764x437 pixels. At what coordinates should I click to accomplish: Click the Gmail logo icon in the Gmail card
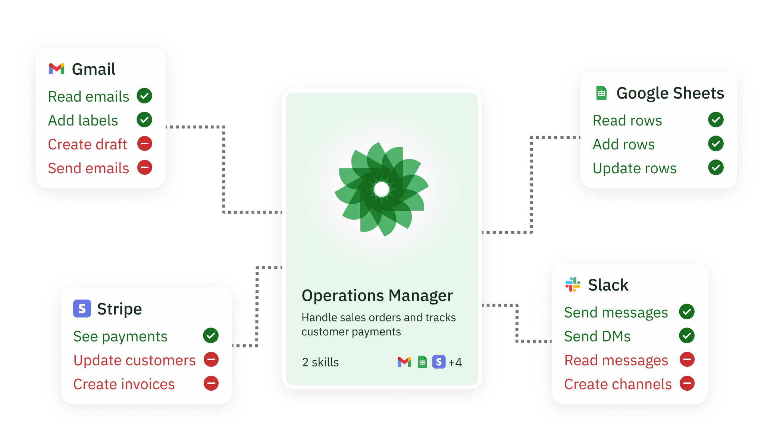(57, 69)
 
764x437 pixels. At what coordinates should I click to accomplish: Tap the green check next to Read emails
(144, 96)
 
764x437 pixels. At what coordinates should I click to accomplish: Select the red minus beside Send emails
(145, 167)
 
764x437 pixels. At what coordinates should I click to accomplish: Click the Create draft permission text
(88, 144)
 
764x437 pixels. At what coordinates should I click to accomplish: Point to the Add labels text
(83, 120)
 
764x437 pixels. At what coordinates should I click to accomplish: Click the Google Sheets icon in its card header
(601, 93)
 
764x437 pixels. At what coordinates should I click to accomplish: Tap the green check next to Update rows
(716, 167)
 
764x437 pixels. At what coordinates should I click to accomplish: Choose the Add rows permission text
(623, 144)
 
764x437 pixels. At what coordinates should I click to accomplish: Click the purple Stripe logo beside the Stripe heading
(82, 309)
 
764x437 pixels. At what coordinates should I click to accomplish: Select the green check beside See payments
(211, 335)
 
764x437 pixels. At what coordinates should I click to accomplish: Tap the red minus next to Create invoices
(211, 383)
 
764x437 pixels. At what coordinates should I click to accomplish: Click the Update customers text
(134, 360)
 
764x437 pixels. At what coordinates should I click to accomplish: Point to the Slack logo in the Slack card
(573, 285)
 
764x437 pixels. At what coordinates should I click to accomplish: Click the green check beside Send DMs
(687, 335)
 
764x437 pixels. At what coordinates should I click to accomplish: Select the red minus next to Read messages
(687, 359)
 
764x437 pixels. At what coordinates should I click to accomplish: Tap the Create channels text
(618, 384)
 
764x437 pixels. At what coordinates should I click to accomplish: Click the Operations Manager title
(377, 295)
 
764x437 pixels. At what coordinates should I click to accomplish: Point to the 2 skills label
(320, 362)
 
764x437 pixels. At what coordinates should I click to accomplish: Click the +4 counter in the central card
(455, 362)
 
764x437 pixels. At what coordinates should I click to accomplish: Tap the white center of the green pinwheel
(382, 189)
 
